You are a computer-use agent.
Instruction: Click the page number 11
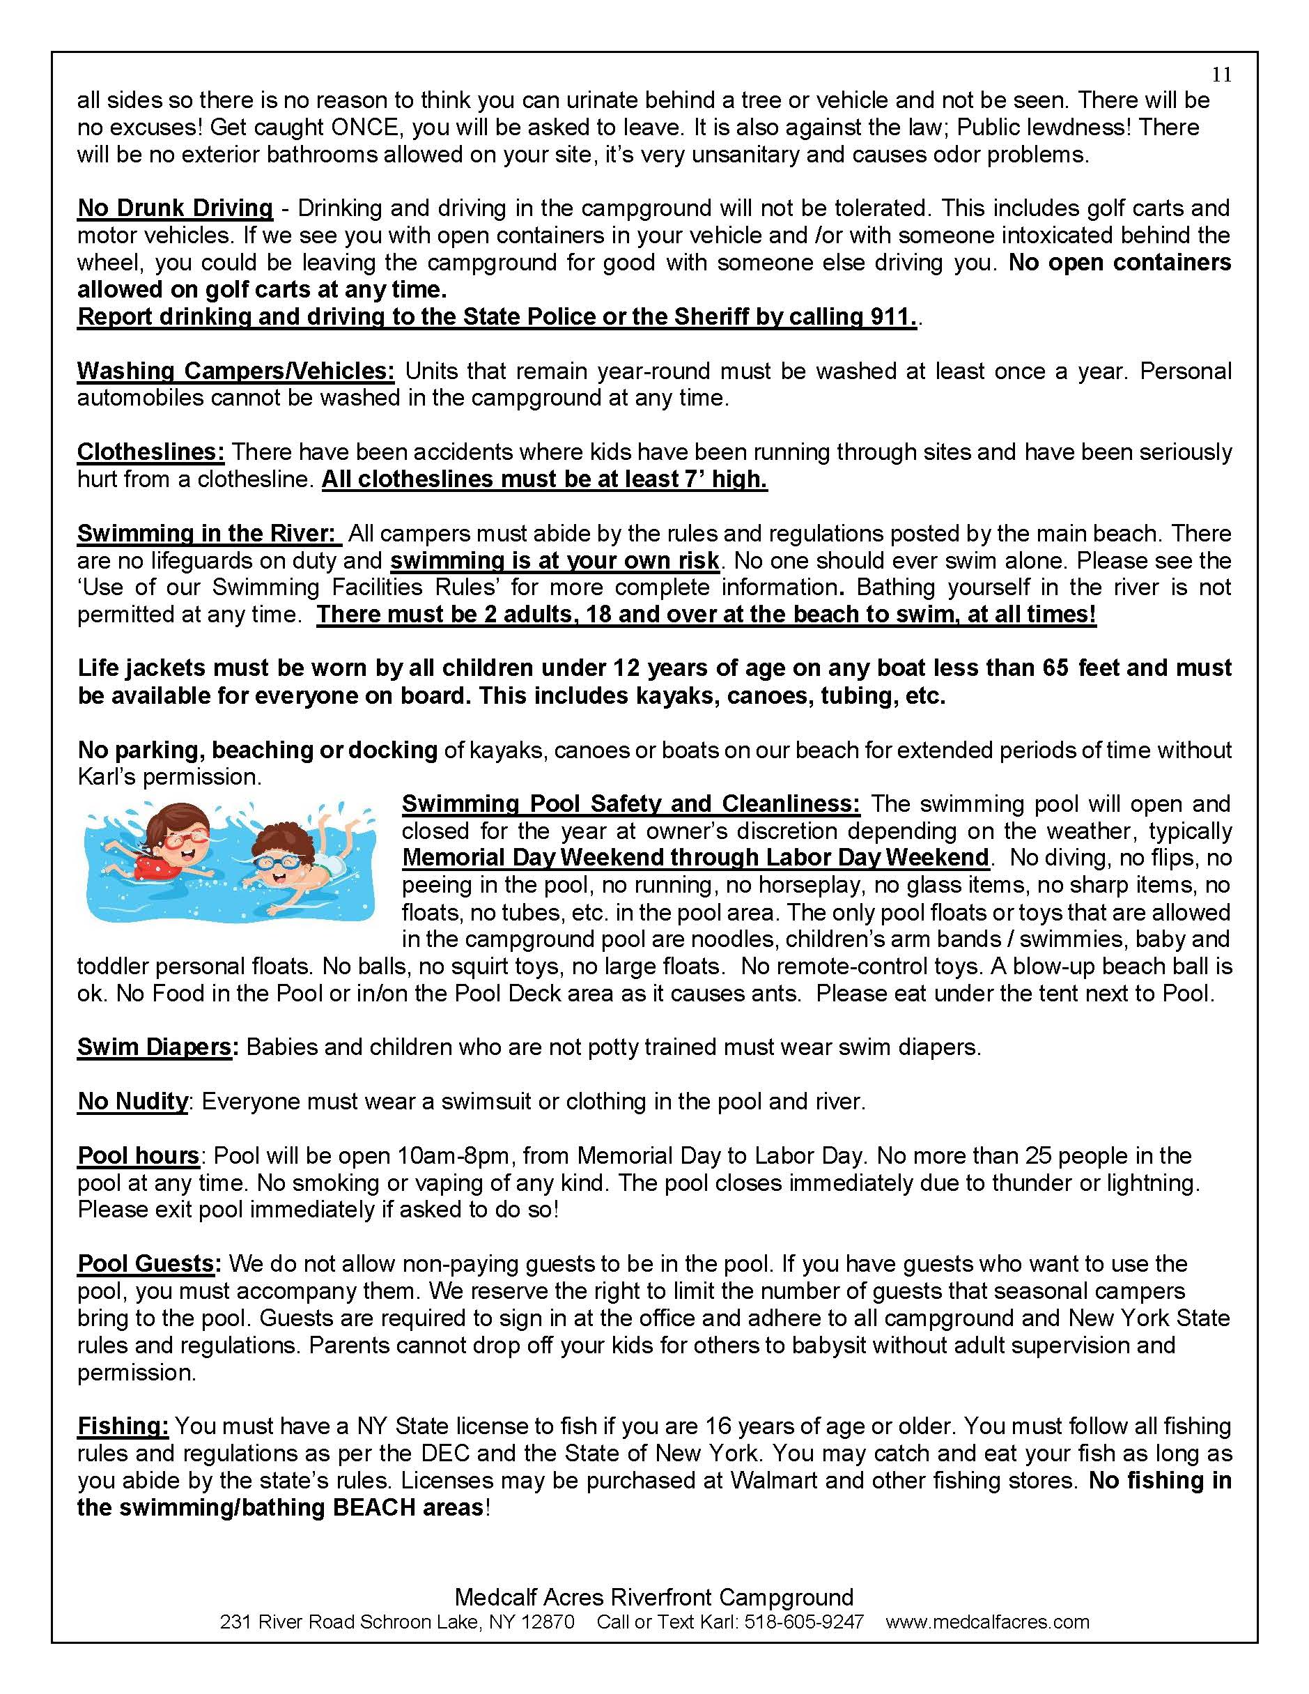click(1221, 75)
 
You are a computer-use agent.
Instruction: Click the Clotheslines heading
click(150, 452)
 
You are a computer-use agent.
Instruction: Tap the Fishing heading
click(123, 1426)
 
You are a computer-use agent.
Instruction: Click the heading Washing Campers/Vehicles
click(235, 371)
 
